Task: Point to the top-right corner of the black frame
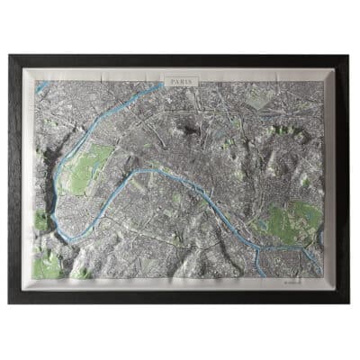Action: (x=350, y=56)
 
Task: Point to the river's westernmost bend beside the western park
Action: (x=58, y=175)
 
